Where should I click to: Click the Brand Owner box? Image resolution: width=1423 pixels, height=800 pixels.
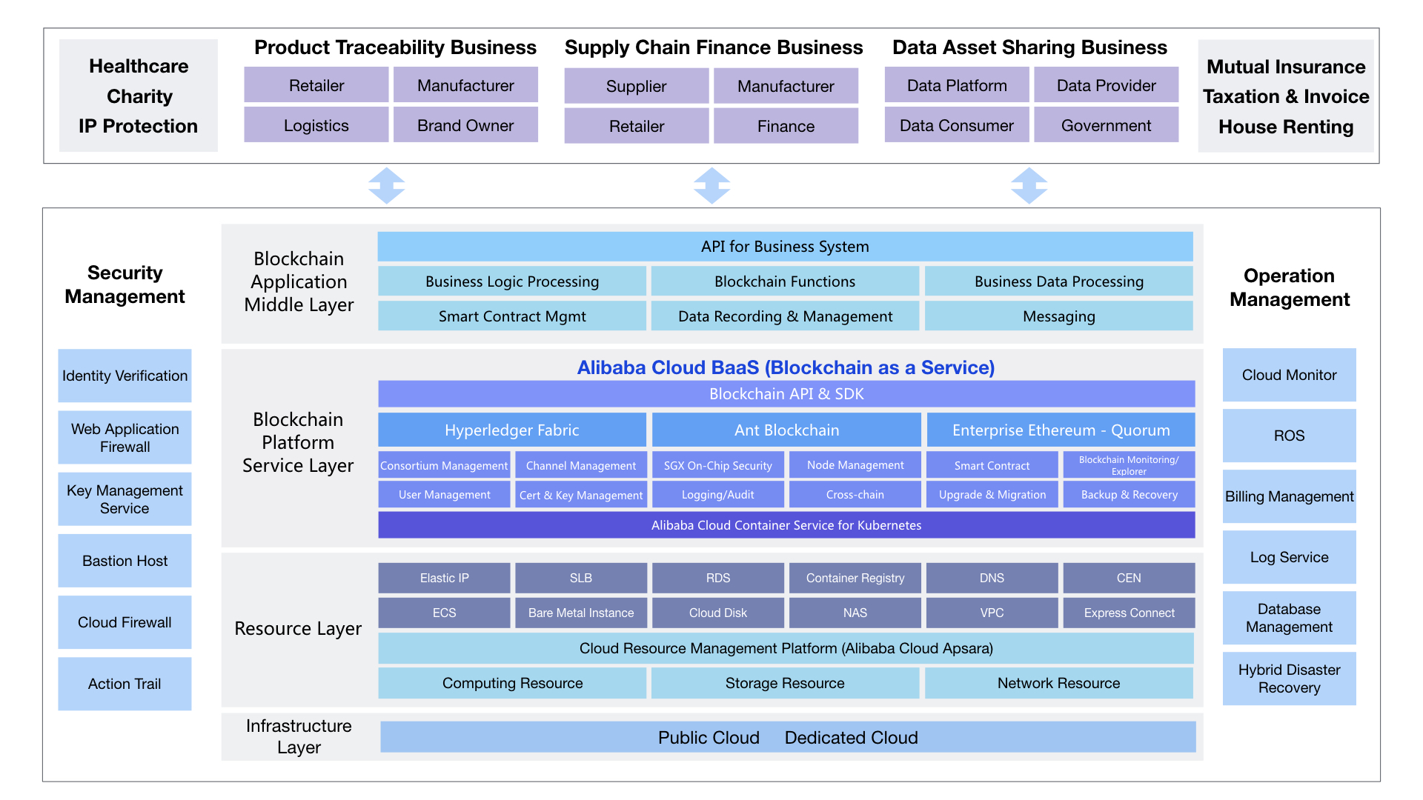pyautogui.click(x=465, y=125)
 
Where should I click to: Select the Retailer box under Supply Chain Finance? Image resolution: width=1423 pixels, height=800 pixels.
pyautogui.click(x=637, y=126)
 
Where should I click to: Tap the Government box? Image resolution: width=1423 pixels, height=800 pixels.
pyautogui.click(x=1106, y=125)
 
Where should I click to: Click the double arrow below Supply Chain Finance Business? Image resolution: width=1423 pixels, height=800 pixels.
pyautogui.click(x=712, y=185)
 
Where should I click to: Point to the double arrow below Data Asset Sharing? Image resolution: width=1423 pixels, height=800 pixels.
pyautogui.click(x=1029, y=185)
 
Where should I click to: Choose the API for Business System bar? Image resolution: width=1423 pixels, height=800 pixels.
pyautogui.click(x=785, y=247)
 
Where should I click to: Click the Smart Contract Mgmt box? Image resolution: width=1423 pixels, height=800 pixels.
pyautogui.click(x=512, y=316)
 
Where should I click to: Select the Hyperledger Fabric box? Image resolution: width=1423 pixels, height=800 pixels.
pyautogui.click(x=512, y=430)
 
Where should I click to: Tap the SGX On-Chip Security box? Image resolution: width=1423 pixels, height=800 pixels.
pyautogui.click(x=718, y=465)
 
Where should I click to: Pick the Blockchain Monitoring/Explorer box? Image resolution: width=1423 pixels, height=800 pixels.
pyautogui.click(x=1129, y=465)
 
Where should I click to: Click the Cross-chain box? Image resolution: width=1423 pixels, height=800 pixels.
pyautogui.click(x=855, y=494)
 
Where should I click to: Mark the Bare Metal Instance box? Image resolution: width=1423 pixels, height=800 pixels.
pyautogui.click(x=581, y=613)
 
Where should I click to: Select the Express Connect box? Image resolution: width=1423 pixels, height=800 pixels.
pyautogui.click(x=1129, y=613)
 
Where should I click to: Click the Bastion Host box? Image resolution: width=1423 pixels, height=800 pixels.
pyautogui.click(x=125, y=561)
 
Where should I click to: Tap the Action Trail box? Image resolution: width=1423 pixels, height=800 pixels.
pyautogui.click(x=125, y=684)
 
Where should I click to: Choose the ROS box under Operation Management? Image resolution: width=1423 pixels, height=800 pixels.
pyautogui.click(x=1289, y=436)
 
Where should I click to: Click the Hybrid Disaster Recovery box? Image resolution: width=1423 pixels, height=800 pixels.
pyautogui.click(x=1289, y=679)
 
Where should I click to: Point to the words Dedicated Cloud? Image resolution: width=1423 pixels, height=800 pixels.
pyautogui.click(x=851, y=738)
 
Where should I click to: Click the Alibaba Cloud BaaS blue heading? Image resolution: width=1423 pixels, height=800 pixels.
pyautogui.click(x=786, y=367)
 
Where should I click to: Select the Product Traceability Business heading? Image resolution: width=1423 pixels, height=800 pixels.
pyautogui.click(x=395, y=47)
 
